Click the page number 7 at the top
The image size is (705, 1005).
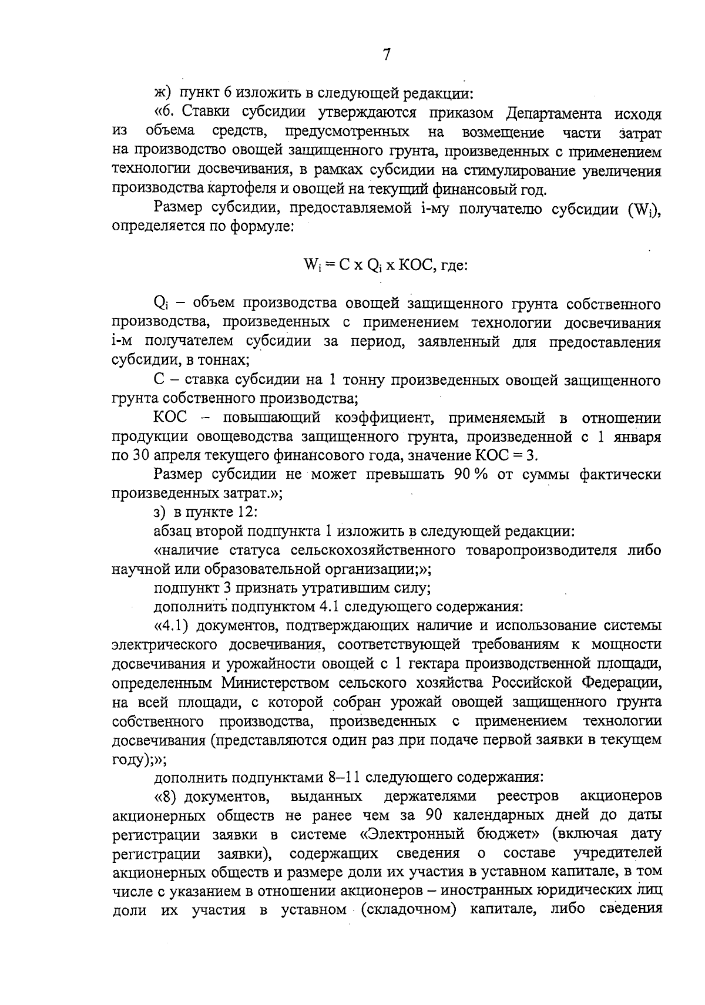tap(386, 55)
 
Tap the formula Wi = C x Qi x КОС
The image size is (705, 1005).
tap(385, 265)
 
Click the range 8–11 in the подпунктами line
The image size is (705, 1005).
tap(344, 778)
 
